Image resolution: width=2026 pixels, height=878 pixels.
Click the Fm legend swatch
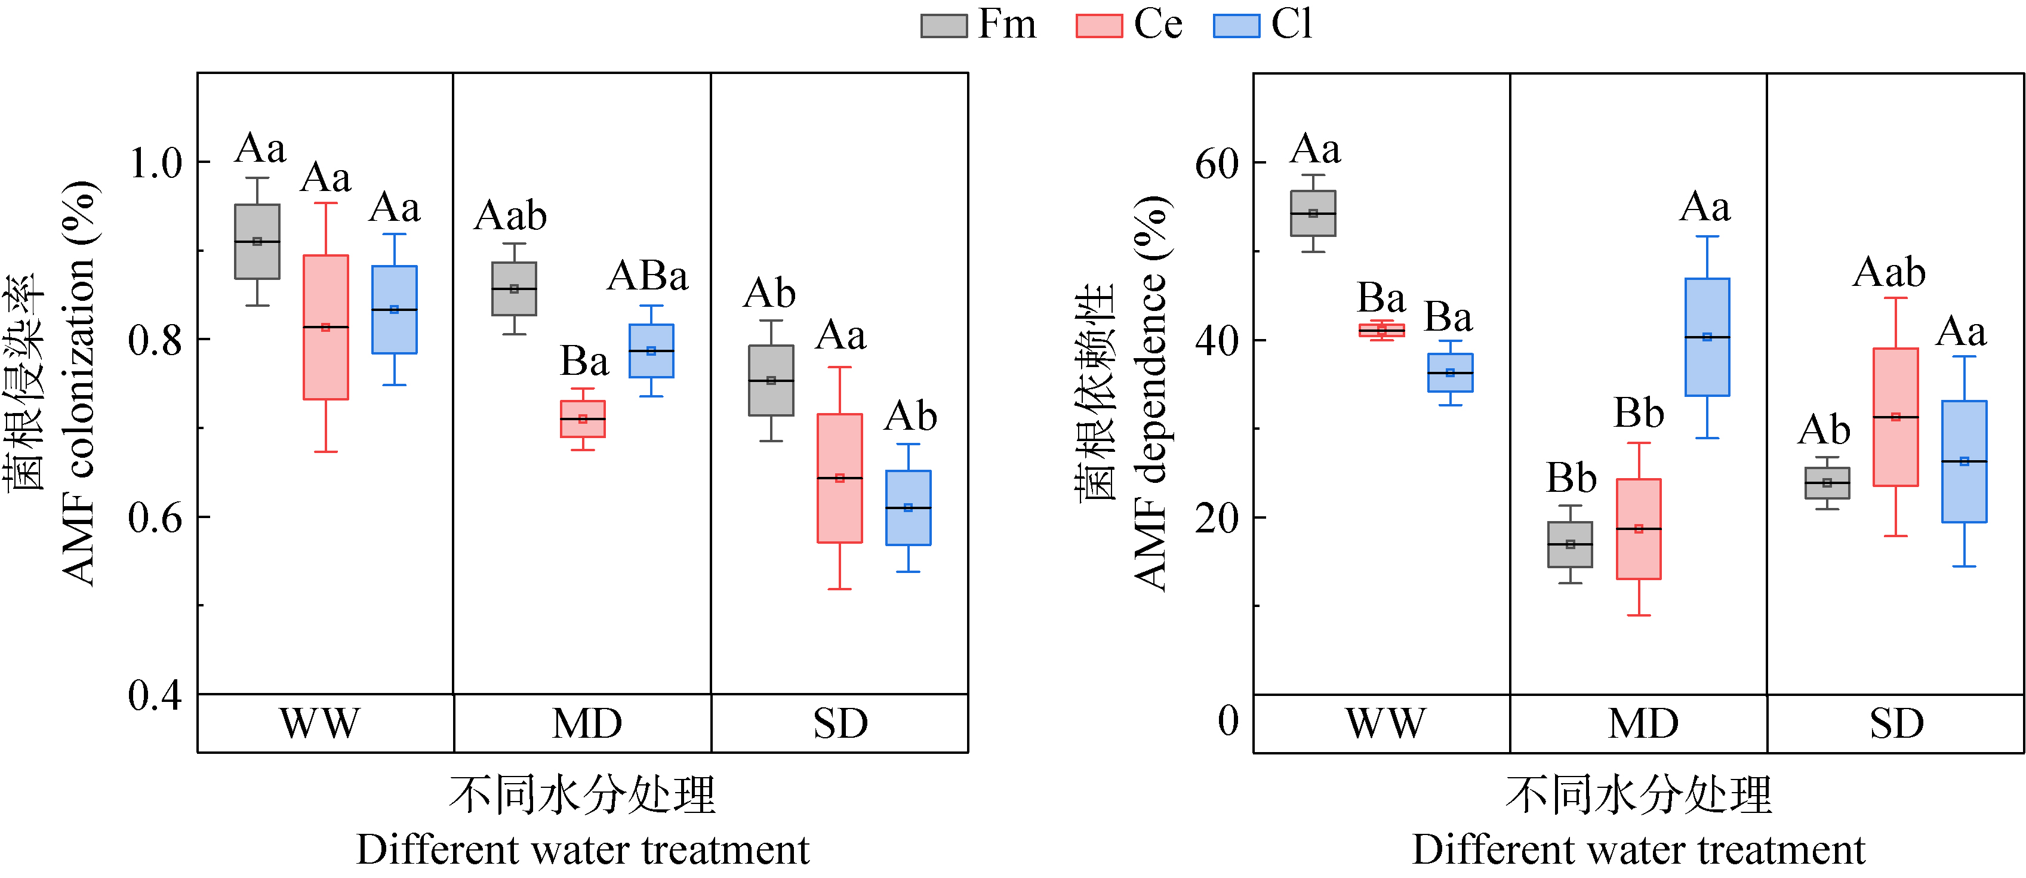[944, 26]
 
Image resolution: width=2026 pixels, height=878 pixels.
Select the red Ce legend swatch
[1099, 26]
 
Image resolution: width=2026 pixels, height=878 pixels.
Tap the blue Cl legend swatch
[1236, 26]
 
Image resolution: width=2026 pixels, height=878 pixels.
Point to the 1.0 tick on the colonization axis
[155, 164]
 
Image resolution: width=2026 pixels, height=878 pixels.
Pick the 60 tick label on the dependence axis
[1216, 164]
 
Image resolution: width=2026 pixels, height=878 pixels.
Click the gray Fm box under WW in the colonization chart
[257, 242]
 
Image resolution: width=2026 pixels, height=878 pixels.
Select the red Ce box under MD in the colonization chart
[583, 418]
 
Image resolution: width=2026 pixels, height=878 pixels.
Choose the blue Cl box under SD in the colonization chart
[909, 507]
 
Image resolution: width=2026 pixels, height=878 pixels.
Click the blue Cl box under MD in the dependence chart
[1707, 337]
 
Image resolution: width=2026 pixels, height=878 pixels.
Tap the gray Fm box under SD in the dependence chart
[1827, 483]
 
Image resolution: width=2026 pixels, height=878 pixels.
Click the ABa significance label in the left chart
[647, 275]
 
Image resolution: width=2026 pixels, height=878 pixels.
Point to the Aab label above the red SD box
[1889, 272]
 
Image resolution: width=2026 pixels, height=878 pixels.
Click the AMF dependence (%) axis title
[1150, 393]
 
